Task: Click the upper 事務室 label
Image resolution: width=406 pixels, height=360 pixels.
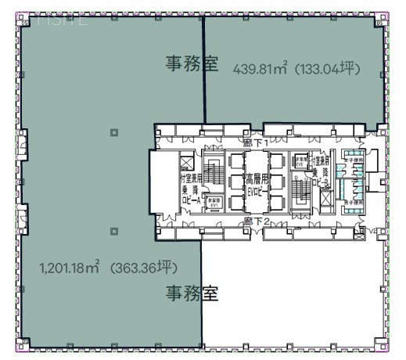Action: pyautogui.click(x=191, y=63)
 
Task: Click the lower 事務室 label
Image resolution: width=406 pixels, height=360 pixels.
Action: pyautogui.click(x=191, y=293)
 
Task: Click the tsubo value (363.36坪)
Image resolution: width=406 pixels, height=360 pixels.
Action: pyautogui.click(x=144, y=268)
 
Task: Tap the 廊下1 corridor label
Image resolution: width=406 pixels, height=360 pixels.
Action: pyautogui.click(x=257, y=144)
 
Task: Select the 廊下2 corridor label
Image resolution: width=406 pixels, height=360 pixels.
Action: pyautogui.click(x=257, y=221)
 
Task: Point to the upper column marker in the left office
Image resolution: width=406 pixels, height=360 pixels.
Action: pyautogui.click(x=115, y=131)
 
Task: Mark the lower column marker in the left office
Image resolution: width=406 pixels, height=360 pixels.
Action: pyautogui.click(x=115, y=231)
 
